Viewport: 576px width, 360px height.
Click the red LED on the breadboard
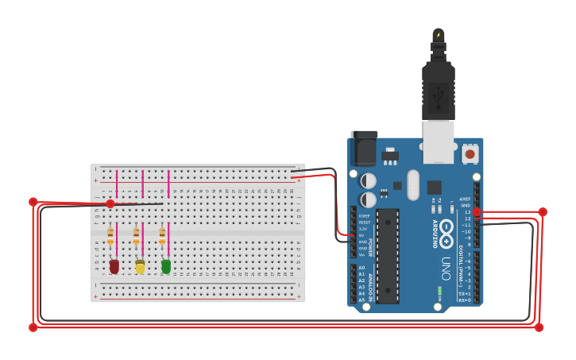(x=114, y=266)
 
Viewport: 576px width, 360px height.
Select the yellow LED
(x=141, y=267)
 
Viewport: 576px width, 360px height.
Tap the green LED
(x=166, y=266)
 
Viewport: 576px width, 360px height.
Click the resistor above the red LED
(x=110, y=235)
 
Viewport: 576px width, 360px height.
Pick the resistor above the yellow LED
(x=137, y=235)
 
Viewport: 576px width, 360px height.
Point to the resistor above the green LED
(x=162, y=235)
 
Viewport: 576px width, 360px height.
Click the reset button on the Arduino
(x=470, y=153)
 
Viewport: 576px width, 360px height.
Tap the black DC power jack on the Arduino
(x=364, y=149)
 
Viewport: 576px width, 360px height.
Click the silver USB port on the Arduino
(x=438, y=141)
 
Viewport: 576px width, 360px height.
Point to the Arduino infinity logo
(x=446, y=230)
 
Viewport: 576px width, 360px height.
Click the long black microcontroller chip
(x=388, y=256)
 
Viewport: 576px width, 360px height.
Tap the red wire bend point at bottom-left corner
(x=33, y=327)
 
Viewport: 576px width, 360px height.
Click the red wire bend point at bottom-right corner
(x=539, y=327)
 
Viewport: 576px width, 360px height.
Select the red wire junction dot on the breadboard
(x=110, y=204)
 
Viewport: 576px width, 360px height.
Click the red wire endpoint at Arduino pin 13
(x=477, y=212)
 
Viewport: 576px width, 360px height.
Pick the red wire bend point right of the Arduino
(x=543, y=211)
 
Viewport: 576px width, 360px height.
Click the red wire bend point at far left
(x=33, y=202)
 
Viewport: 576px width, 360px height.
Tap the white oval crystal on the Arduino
(x=412, y=184)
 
